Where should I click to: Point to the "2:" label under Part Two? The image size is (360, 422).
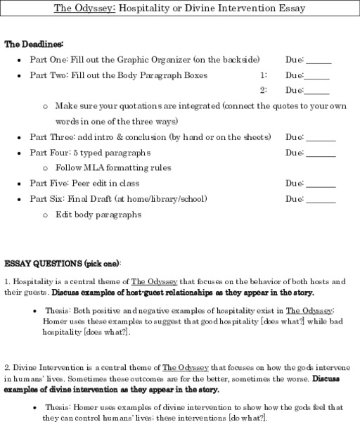coord(263,90)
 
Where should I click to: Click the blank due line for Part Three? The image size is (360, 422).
coord(321,139)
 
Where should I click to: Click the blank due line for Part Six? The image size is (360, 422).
coord(321,201)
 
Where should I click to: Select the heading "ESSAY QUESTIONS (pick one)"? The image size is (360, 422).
coord(62,264)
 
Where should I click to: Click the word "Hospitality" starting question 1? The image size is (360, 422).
coord(32,281)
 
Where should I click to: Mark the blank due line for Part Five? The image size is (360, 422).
coord(321,186)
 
